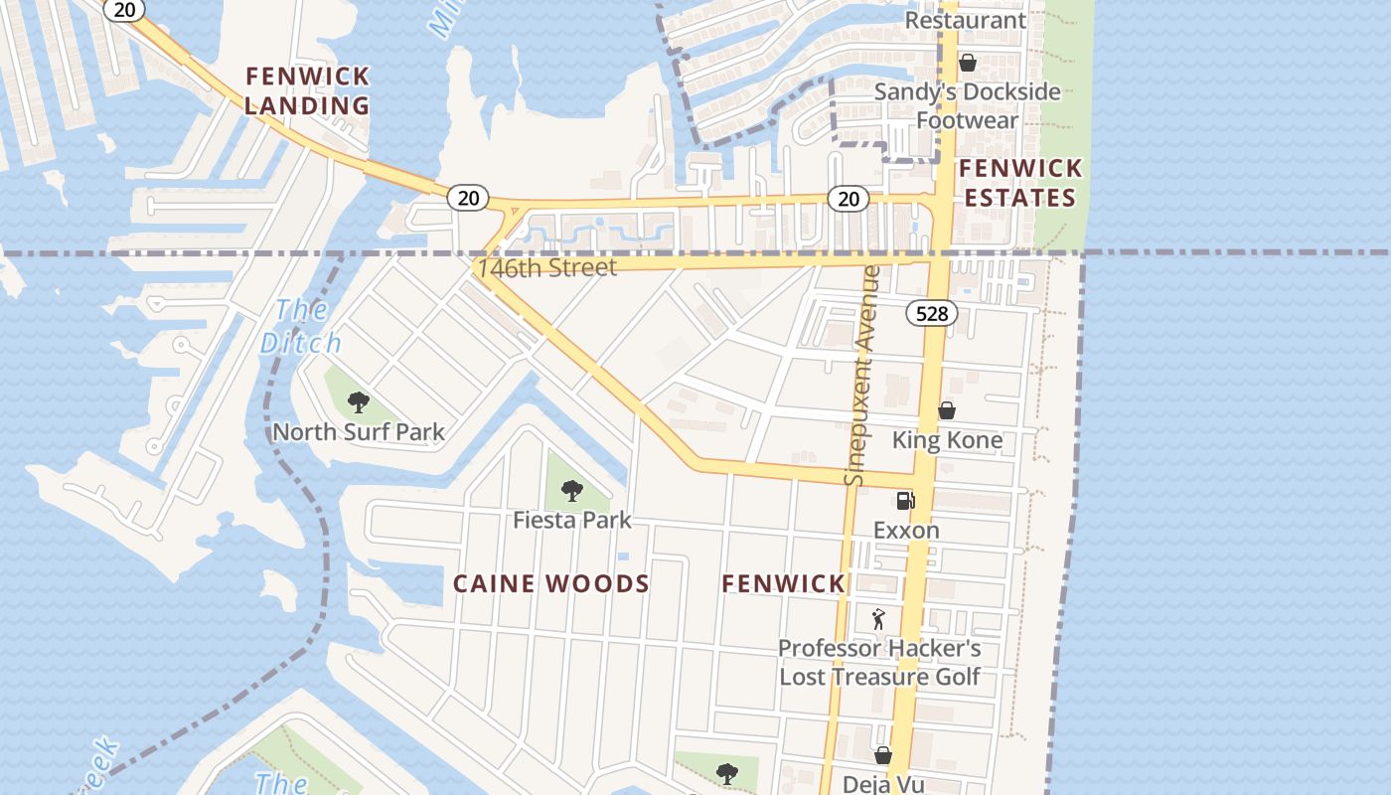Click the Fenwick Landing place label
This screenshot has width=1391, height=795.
pyautogui.click(x=307, y=90)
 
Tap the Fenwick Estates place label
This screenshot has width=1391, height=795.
pyautogui.click(x=1020, y=182)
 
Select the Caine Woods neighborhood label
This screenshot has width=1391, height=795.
pyautogui.click(x=551, y=584)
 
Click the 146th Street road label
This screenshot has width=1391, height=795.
pyautogui.click(x=546, y=267)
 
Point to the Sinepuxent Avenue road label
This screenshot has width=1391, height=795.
pyautogui.click(x=861, y=376)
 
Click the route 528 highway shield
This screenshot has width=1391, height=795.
pyautogui.click(x=931, y=314)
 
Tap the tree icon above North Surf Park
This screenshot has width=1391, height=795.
pyautogui.click(x=359, y=402)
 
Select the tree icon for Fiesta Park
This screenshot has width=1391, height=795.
pyautogui.click(x=571, y=490)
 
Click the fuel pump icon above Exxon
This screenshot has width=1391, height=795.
pyautogui.click(x=905, y=501)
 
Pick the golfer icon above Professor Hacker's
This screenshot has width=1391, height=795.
pyautogui.click(x=878, y=620)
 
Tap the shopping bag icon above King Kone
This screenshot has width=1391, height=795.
pyautogui.click(x=947, y=410)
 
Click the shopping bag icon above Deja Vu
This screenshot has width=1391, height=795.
pyautogui.click(x=882, y=755)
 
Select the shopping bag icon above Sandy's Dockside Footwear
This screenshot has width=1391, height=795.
pyautogui.click(x=967, y=63)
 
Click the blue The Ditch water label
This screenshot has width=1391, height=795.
pyautogui.click(x=300, y=326)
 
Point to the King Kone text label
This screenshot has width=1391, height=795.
pyautogui.click(x=947, y=440)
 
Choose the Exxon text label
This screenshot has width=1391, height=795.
pyautogui.click(x=906, y=531)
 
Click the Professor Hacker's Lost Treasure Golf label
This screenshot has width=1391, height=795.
pyautogui.click(x=879, y=663)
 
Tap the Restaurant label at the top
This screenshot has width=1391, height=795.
pyautogui.click(x=965, y=20)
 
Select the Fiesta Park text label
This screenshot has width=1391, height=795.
pyautogui.click(x=571, y=520)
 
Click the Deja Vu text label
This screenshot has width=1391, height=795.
pyautogui.click(x=882, y=783)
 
